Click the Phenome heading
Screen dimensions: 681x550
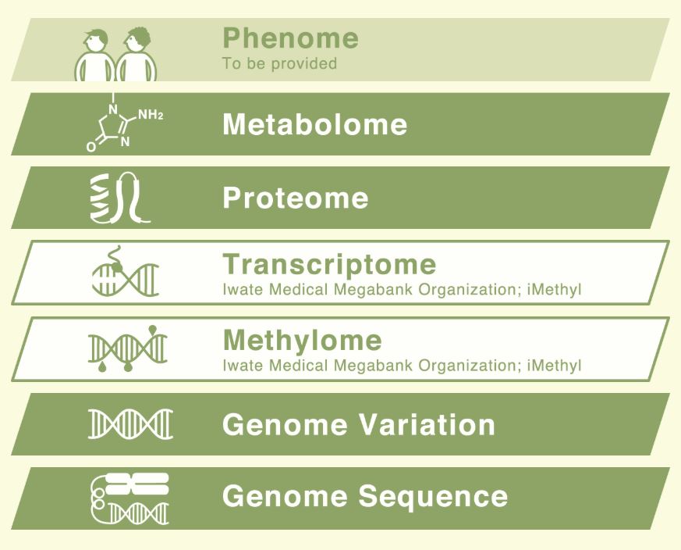click(x=290, y=37)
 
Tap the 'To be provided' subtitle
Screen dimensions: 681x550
click(x=280, y=63)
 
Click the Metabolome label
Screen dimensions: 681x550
click(x=315, y=124)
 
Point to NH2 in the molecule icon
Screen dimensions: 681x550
click(x=151, y=116)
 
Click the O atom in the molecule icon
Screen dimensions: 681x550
click(x=91, y=147)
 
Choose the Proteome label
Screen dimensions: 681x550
click(x=296, y=198)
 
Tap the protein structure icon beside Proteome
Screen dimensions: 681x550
click(x=120, y=198)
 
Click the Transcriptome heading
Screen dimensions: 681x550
click(x=329, y=265)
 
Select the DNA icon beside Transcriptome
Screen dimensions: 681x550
click(x=126, y=272)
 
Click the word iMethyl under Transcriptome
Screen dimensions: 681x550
click(x=554, y=290)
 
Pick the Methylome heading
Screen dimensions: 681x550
click(x=303, y=340)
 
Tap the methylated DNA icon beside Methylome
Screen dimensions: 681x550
click(x=128, y=349)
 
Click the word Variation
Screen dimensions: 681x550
click(x=427, y=425)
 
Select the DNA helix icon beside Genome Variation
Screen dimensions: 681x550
click(x=131, y=423)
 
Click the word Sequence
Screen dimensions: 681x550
click(x=433, y=496)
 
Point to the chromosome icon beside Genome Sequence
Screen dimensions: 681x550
click(x=129, y=498)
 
